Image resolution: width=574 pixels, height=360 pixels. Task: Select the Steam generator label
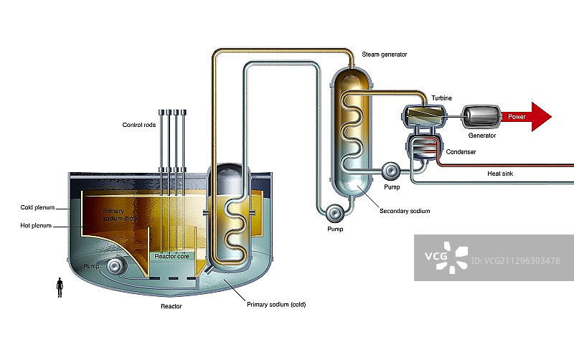(385, 54)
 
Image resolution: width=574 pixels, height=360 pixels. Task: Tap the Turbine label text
(441, 98)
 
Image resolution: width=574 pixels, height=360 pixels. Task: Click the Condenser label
(460, 152)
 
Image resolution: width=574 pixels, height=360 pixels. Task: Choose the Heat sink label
(500, 173)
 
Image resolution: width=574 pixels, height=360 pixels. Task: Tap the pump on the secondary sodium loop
(334, 213)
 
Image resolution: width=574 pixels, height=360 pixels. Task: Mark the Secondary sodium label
(405, 211)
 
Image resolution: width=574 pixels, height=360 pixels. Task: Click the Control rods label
(138, 125)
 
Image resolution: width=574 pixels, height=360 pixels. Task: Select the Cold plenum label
(34, 208)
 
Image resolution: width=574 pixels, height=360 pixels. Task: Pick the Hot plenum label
(33, 226)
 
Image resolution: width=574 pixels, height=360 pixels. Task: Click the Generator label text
(482, 135)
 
